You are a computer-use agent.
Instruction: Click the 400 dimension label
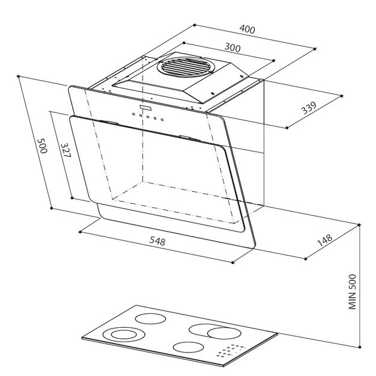247,29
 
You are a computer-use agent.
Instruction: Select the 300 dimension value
232,48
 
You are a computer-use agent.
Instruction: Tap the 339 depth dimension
309,108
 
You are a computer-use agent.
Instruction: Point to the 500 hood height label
42,146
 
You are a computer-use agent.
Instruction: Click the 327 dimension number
66,150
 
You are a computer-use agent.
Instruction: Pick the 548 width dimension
157,241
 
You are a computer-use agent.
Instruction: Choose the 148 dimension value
325,240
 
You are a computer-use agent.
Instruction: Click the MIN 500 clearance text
353,292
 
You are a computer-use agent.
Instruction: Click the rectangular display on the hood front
146,108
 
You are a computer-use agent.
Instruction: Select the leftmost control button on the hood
134,114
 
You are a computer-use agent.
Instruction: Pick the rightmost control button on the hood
162,120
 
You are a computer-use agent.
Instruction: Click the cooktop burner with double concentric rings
124,334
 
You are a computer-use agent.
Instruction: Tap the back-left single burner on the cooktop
150,319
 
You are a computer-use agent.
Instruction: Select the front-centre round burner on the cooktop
188,347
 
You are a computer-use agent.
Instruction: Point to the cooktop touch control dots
230,351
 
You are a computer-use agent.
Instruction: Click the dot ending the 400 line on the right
315,49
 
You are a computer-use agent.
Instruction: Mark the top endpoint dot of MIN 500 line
359,224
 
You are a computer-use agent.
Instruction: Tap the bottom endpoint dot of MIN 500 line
360,347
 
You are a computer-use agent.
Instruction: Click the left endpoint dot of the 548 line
80,232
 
